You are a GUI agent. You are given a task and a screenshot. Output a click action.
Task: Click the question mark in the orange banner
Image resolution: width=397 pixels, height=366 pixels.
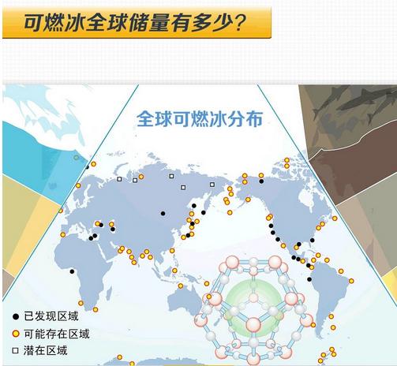pyautogui.click(x=238, y=22)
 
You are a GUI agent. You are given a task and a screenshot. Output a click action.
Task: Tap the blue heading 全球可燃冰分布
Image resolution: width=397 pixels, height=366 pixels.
pyautogui.click(x=200, y=119)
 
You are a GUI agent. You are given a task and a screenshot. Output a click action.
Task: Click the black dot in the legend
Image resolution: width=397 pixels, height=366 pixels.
pyautogui.click(x=16, y=316)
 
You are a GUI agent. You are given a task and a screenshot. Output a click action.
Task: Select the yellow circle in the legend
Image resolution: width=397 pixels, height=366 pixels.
pyautogui.click(x=16, y=334)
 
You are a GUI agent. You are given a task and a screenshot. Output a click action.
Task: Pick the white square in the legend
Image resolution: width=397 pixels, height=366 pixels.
pyautogui.click(x=16, y=351)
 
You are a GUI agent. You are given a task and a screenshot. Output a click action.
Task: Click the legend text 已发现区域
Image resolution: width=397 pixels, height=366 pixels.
pyautogui.click(x=51, y=316)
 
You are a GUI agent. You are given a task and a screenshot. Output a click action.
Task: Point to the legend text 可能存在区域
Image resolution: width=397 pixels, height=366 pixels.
pyautogui.click(x=57, y=334)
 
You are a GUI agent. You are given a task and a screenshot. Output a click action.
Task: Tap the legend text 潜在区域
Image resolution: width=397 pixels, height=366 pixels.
pyautogui.click(x=46, y=351)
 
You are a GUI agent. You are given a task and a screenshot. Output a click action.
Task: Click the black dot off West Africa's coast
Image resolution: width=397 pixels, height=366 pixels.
pyautogui.click(x=72, y=271)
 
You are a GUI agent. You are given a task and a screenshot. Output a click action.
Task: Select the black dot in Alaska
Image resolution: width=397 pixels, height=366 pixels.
pyautogui.click(x=261, y=181)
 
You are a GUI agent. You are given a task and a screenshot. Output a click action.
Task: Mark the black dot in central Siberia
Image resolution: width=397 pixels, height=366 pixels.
pyautogui.click(x=163, y=214)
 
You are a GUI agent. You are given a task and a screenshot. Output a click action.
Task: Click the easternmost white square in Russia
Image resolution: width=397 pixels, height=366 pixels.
pyautogui.click(x=212, y=185)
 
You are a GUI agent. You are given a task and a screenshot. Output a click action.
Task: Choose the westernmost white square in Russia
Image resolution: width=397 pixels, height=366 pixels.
pyautogui.click(x=119, y=179)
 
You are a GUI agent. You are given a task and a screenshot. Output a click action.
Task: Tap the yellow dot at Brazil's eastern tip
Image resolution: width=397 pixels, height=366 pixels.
pyautogui.click(x=351, y=281)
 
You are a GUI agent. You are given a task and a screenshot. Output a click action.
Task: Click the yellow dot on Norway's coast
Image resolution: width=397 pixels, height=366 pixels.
pyautogui.click(x=78, y=185)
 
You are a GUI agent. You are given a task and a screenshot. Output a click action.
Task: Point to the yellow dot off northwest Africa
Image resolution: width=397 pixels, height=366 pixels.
pyautogui.click(x=63, y=235)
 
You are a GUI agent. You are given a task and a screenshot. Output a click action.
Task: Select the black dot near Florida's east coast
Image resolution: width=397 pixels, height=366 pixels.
pyautogui.click(x=313, y=240)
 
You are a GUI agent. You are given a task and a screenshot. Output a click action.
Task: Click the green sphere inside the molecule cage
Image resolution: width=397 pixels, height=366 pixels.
pyautogui.click(x=253, y=308)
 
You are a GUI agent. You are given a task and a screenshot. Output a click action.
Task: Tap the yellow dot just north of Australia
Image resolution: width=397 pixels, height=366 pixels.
pyautogui.click(x=181, y=286)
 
